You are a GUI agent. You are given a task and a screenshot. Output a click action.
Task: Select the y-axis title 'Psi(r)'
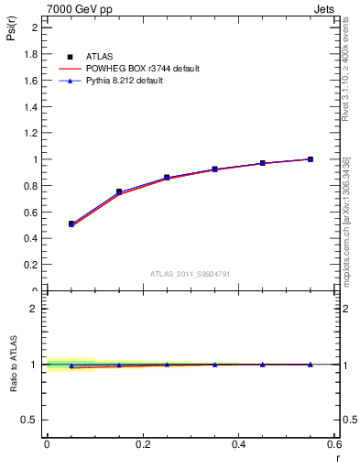pos(11,37)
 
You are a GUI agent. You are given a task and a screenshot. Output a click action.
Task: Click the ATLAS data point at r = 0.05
pos(71,224)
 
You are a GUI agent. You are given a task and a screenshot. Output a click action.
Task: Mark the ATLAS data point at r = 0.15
pos(119,191)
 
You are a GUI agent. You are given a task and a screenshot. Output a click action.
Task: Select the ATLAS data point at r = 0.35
pos(214,169)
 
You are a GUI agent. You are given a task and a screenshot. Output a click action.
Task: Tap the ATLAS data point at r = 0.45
pos(263,163)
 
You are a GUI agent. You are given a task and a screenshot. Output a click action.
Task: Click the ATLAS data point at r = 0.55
pos(311,159)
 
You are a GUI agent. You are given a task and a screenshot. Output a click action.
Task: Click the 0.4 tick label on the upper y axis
pos(33,238)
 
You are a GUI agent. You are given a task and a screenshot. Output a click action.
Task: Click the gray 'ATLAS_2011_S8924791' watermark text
pos(191,273)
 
